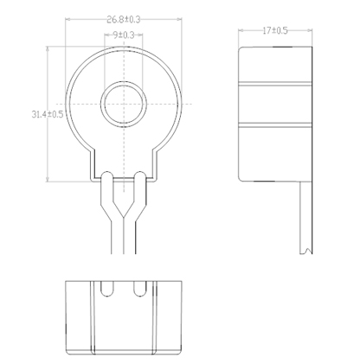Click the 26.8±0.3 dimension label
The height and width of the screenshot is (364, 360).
[124, 20]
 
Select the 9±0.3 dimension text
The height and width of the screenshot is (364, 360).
[124, 35]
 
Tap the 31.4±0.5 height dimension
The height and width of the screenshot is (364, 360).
[48, 114]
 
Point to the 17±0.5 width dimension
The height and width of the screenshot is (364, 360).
[275, 30]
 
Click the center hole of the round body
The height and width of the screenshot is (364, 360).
[124, 104]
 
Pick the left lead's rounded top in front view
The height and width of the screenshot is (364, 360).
[107, 176]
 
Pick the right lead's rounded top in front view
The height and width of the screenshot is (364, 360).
[140, 176]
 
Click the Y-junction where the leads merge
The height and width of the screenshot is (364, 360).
[124, 217]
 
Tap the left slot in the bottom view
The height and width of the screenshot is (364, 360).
[107, 289]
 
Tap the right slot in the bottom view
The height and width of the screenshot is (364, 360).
[140, 289]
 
